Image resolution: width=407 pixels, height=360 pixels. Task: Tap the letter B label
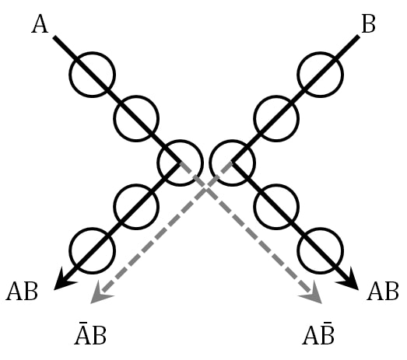coord(369,24)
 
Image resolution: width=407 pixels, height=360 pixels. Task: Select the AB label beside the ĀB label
coord(22,292)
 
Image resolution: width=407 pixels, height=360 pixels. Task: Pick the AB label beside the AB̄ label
coord(383,292)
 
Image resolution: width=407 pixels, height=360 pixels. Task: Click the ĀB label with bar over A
coord(90,336)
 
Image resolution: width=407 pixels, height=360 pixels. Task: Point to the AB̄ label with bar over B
coord(319,336)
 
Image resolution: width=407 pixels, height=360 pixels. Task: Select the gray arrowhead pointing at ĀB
coord(99,295)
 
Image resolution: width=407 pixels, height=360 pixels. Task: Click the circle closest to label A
coord(93,75)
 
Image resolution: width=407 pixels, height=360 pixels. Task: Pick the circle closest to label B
coord(320,75)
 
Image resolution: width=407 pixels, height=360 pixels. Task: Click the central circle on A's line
coord(180,163)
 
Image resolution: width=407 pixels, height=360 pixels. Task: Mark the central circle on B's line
coord(232,163)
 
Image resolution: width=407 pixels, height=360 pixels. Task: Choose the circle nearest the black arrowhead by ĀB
coord(93,250)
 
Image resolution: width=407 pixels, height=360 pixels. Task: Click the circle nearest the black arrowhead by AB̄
coord(320,250)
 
